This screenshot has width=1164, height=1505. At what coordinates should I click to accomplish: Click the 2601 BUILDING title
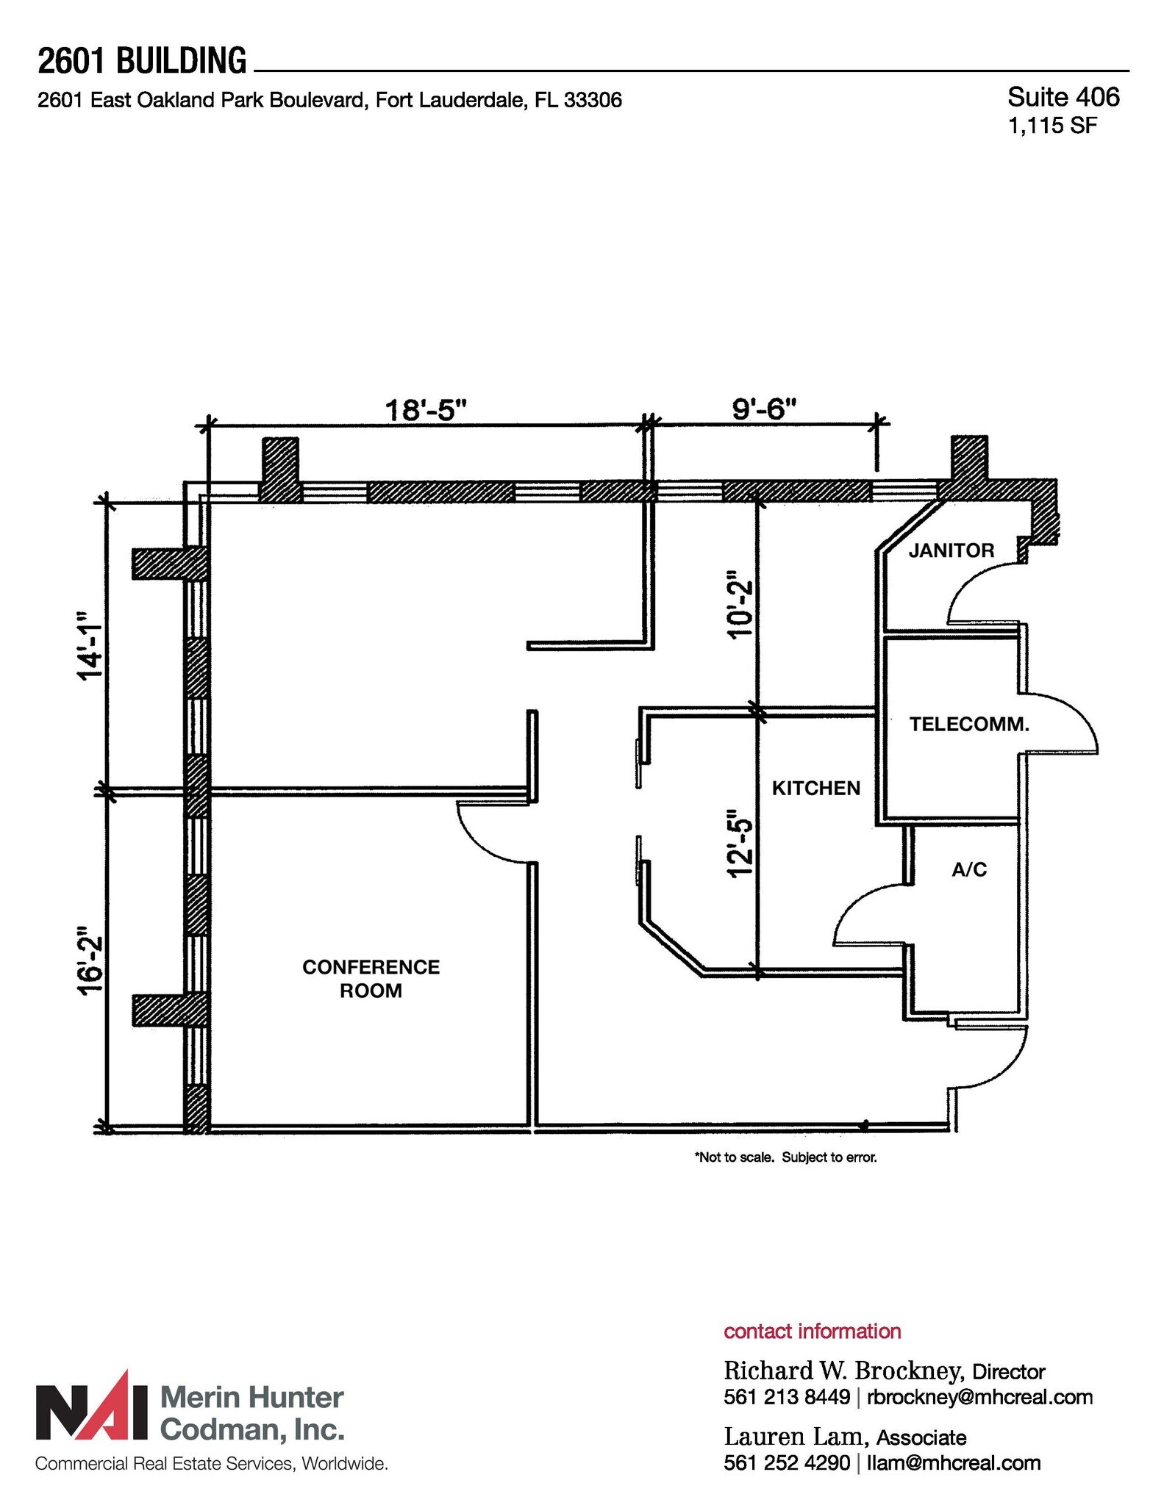click(x=142, y=60)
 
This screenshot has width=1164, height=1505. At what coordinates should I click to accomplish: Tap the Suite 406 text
click(x=1063, y=97)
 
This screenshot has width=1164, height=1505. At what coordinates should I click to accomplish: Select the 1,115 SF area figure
click(x=1052, y=126)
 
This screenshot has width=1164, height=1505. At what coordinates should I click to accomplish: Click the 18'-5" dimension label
click(x=426, y=409)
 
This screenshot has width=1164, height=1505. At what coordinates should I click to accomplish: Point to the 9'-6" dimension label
click(x=764, y=408)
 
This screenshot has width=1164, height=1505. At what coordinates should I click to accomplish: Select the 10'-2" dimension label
click(x=740, y=604)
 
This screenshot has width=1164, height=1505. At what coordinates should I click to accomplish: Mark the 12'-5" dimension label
click(x=740, y=843)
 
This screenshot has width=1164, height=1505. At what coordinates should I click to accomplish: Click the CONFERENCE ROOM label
click(x=371, y=978)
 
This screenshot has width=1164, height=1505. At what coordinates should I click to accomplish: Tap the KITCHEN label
click(x=815, y=789)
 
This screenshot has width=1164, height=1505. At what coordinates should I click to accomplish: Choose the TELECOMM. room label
click(x=968, y=725)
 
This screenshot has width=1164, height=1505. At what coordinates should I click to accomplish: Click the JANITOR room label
click(x=951, y=550)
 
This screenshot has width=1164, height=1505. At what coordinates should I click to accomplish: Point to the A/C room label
click(x=968, y=870)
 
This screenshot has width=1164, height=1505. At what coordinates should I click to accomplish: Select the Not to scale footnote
click(x=785, y=1157)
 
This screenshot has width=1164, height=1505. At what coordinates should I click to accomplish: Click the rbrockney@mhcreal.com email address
click(x=979, y=1397)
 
